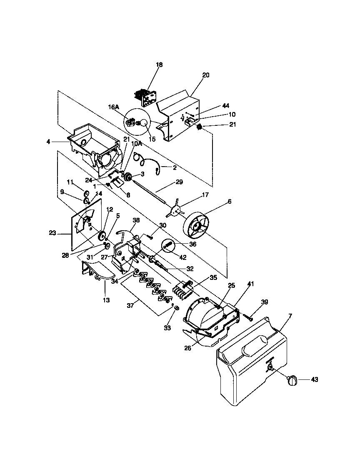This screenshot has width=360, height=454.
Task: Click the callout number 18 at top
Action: [x=159, y=65]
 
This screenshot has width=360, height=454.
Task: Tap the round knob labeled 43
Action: [x=292, y=380]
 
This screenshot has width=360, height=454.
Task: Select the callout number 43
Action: [x=314, y=379]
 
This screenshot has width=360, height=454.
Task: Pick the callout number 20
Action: [x=206, y=75]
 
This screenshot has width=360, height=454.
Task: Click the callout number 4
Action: [x=49, y=142]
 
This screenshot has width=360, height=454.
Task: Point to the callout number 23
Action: [x=52, y=234]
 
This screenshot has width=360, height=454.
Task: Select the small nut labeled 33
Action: [x=176, y=308]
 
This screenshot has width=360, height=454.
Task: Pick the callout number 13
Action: [x=106, y=300]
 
